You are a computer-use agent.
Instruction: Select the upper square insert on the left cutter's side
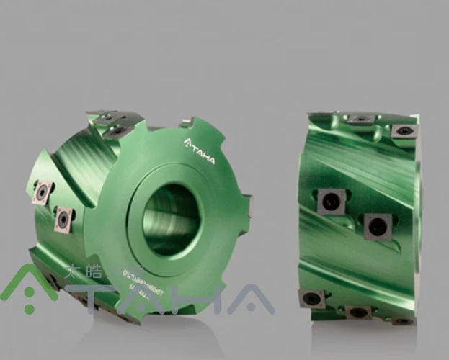(x=41, y=191)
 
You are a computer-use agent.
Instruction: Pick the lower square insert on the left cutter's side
(x=65, y=218)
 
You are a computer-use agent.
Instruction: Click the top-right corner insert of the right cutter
(x=404, y=131)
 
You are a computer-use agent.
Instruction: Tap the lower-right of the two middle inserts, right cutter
(x=377, y=226)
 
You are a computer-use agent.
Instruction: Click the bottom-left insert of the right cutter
(x=312, y=297)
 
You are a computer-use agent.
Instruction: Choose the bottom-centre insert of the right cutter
(x=357, y=312)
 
